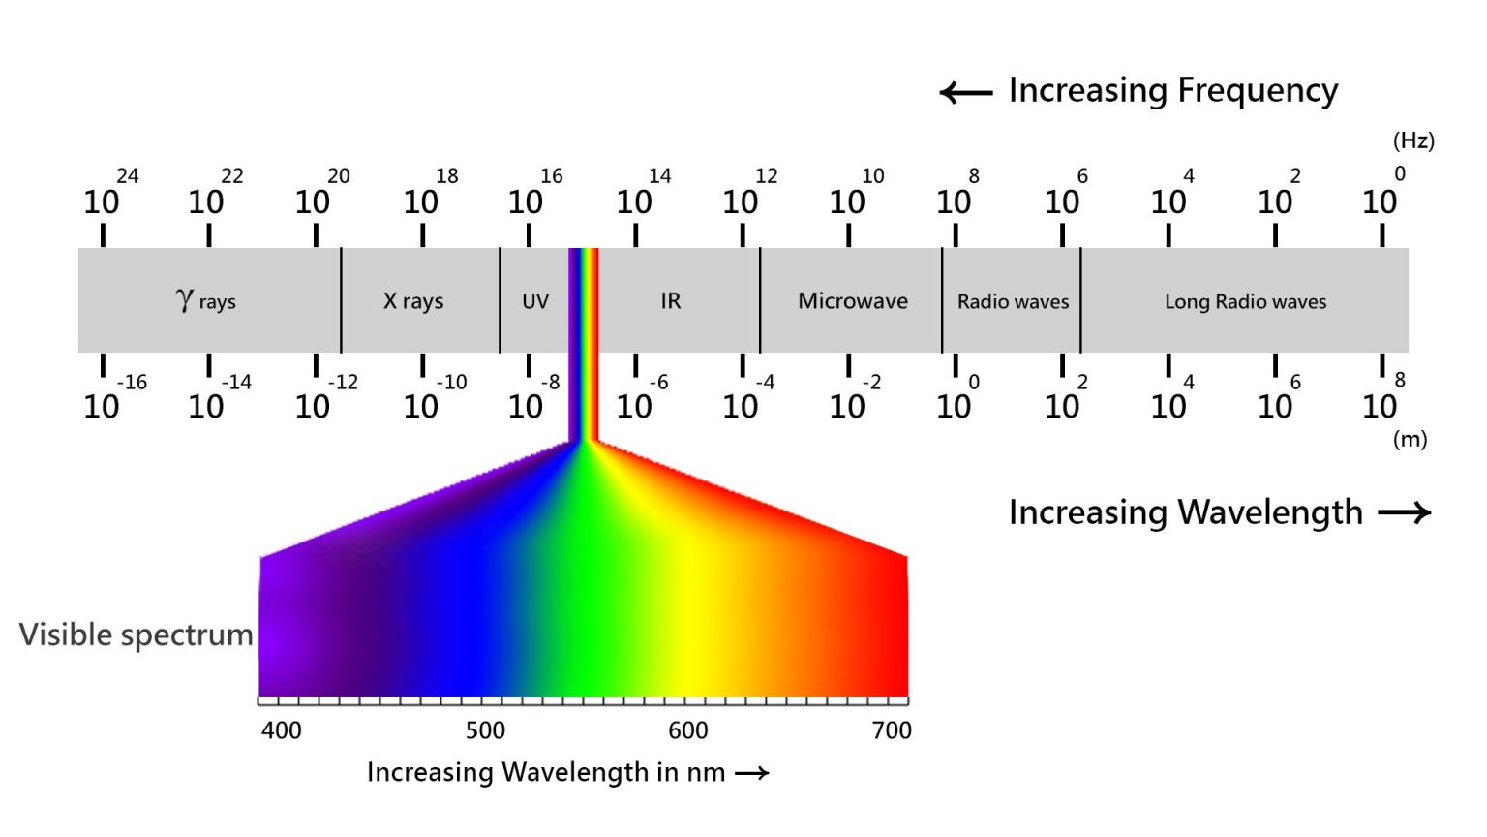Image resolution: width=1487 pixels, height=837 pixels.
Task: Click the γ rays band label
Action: pyautogui.click(x=206, y=300)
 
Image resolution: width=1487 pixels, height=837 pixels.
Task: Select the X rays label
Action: pyautogui.click(x=413, y=301)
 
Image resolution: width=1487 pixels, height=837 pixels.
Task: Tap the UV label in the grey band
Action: pyautogui.click(x=535, y=301)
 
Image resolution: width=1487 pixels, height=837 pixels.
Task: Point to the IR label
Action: pyautogui.click(x=671, y=301)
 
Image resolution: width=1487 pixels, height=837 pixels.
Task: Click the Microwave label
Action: pyautogui.click(x=853, y=301)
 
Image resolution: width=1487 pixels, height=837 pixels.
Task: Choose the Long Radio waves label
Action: pyautogui.click(x=1245, y=301)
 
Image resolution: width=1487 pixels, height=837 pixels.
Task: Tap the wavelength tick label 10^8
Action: pyautogui.click(x=1383, y=398)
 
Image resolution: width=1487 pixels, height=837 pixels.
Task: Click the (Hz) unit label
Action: pyautogui.click(x=1413, y=140)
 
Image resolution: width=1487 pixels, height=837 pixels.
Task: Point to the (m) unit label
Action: pyautogui.click(x=1410, y=439)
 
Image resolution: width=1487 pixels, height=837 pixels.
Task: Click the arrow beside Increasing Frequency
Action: pyautogui.click(x=966, y=93)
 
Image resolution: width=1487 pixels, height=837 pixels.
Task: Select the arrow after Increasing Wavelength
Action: pyautogui.click(x=1405, y=512)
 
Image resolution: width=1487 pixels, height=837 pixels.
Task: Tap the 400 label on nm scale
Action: pyautogui.click(x=282, y=730)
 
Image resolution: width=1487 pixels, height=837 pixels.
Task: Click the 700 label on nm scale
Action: pyautogui.click(x=892, y=730)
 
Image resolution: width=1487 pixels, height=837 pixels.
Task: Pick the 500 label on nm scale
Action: pyautogui.click(x=485, y=730)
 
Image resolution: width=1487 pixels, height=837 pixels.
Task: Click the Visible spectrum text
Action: pyautogui.click(x=136, y=635)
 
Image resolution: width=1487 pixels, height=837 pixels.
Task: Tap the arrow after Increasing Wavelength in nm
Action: pyautogui.click(x=752, y=773)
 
